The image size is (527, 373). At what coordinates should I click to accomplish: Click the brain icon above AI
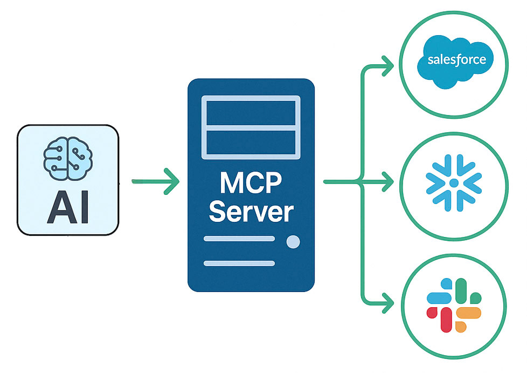coord(68,158)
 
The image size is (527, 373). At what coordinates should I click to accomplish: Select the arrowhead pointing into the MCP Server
coord(171,181)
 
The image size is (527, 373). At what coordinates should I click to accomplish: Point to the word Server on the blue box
coord(251,212)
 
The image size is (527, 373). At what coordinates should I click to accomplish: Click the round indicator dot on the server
coord(293,242)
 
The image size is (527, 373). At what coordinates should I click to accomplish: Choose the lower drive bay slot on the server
coord(251,143)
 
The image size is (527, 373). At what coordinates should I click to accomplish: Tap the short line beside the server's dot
coord(239,239)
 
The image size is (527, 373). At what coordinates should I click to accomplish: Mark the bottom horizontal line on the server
coord(239,263)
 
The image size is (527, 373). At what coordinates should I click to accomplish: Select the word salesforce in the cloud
coord(456,59)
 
